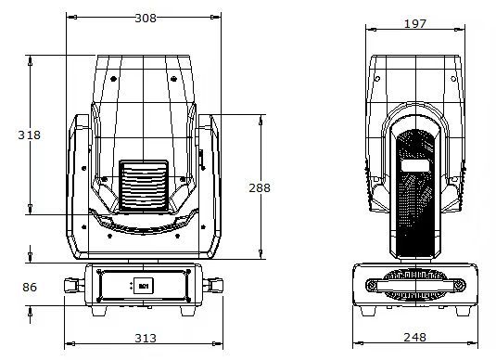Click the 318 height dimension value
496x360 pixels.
tap(30, 135)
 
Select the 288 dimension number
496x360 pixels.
tap(260, 187)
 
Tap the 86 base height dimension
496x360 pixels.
tap(30, 288)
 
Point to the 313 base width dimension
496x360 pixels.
tap(145, 338)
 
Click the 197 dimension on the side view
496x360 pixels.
tap(416, 23)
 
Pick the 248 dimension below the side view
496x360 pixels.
tap(415, 338)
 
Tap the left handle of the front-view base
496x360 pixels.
tap(73, 286)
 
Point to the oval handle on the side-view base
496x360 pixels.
tap(415, 280)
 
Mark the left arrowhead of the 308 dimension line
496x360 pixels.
tap(68, 17)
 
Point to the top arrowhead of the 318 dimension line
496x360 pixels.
tap(31, 58)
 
